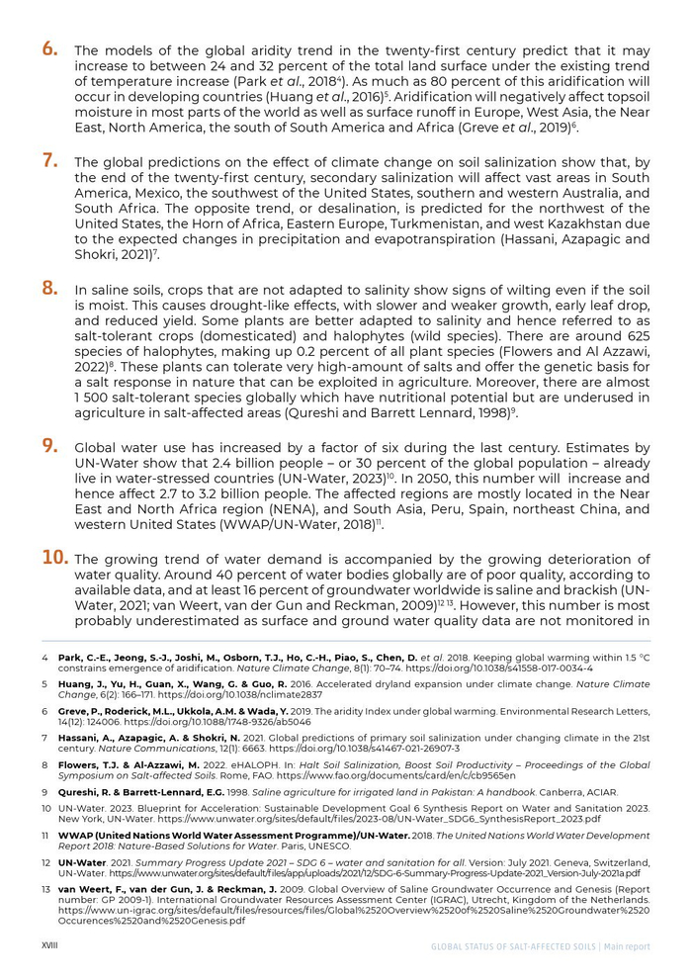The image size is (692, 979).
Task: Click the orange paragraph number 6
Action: [48, 47]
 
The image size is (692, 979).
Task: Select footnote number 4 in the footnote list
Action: [44, 656]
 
